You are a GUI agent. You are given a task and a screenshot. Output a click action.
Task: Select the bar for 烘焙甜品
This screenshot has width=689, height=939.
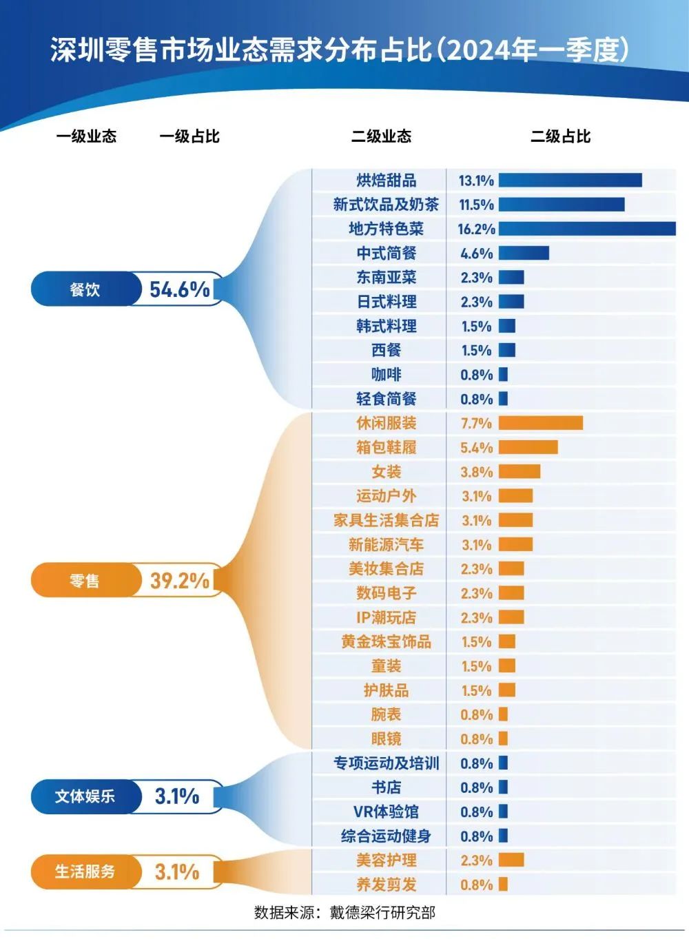coord(570,180)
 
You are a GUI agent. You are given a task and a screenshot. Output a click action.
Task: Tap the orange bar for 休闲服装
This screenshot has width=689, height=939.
coord(541,423)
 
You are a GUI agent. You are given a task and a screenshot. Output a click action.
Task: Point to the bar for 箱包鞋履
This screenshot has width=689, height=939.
coord(528,447)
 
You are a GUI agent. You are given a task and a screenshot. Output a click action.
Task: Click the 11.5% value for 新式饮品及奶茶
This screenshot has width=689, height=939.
coord(476,205)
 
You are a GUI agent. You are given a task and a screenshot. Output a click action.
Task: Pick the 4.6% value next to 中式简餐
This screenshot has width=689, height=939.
coord(476,254)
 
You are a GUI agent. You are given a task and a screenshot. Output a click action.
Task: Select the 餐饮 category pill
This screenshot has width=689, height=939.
coord(85,289)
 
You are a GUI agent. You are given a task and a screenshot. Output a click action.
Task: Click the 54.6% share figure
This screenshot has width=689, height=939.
coord(180,289)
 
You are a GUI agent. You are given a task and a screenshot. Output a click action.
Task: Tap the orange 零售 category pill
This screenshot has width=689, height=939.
coord(85,580)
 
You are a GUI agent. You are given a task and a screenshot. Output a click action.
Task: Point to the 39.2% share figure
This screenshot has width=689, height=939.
coord(180,580)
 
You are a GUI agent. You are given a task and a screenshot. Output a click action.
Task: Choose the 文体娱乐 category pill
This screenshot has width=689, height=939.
coord(85,796)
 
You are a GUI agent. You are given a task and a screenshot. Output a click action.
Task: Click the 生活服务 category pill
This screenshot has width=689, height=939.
coord(85,871)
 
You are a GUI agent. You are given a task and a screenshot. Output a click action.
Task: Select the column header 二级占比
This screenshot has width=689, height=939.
coord(560,136)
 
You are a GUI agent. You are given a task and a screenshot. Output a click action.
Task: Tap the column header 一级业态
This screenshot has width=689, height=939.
coord(86,136)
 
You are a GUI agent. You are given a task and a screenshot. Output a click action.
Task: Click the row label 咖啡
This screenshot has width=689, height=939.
coord(386,375)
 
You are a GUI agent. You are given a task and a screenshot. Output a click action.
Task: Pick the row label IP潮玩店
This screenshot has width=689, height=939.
coord(386,617)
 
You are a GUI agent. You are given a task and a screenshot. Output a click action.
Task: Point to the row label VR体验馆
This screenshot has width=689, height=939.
coord(386,812)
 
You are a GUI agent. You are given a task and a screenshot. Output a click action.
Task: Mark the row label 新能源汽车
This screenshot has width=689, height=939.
coord(386,544)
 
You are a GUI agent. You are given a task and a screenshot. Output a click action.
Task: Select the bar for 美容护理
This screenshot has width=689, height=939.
coord(511,860)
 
